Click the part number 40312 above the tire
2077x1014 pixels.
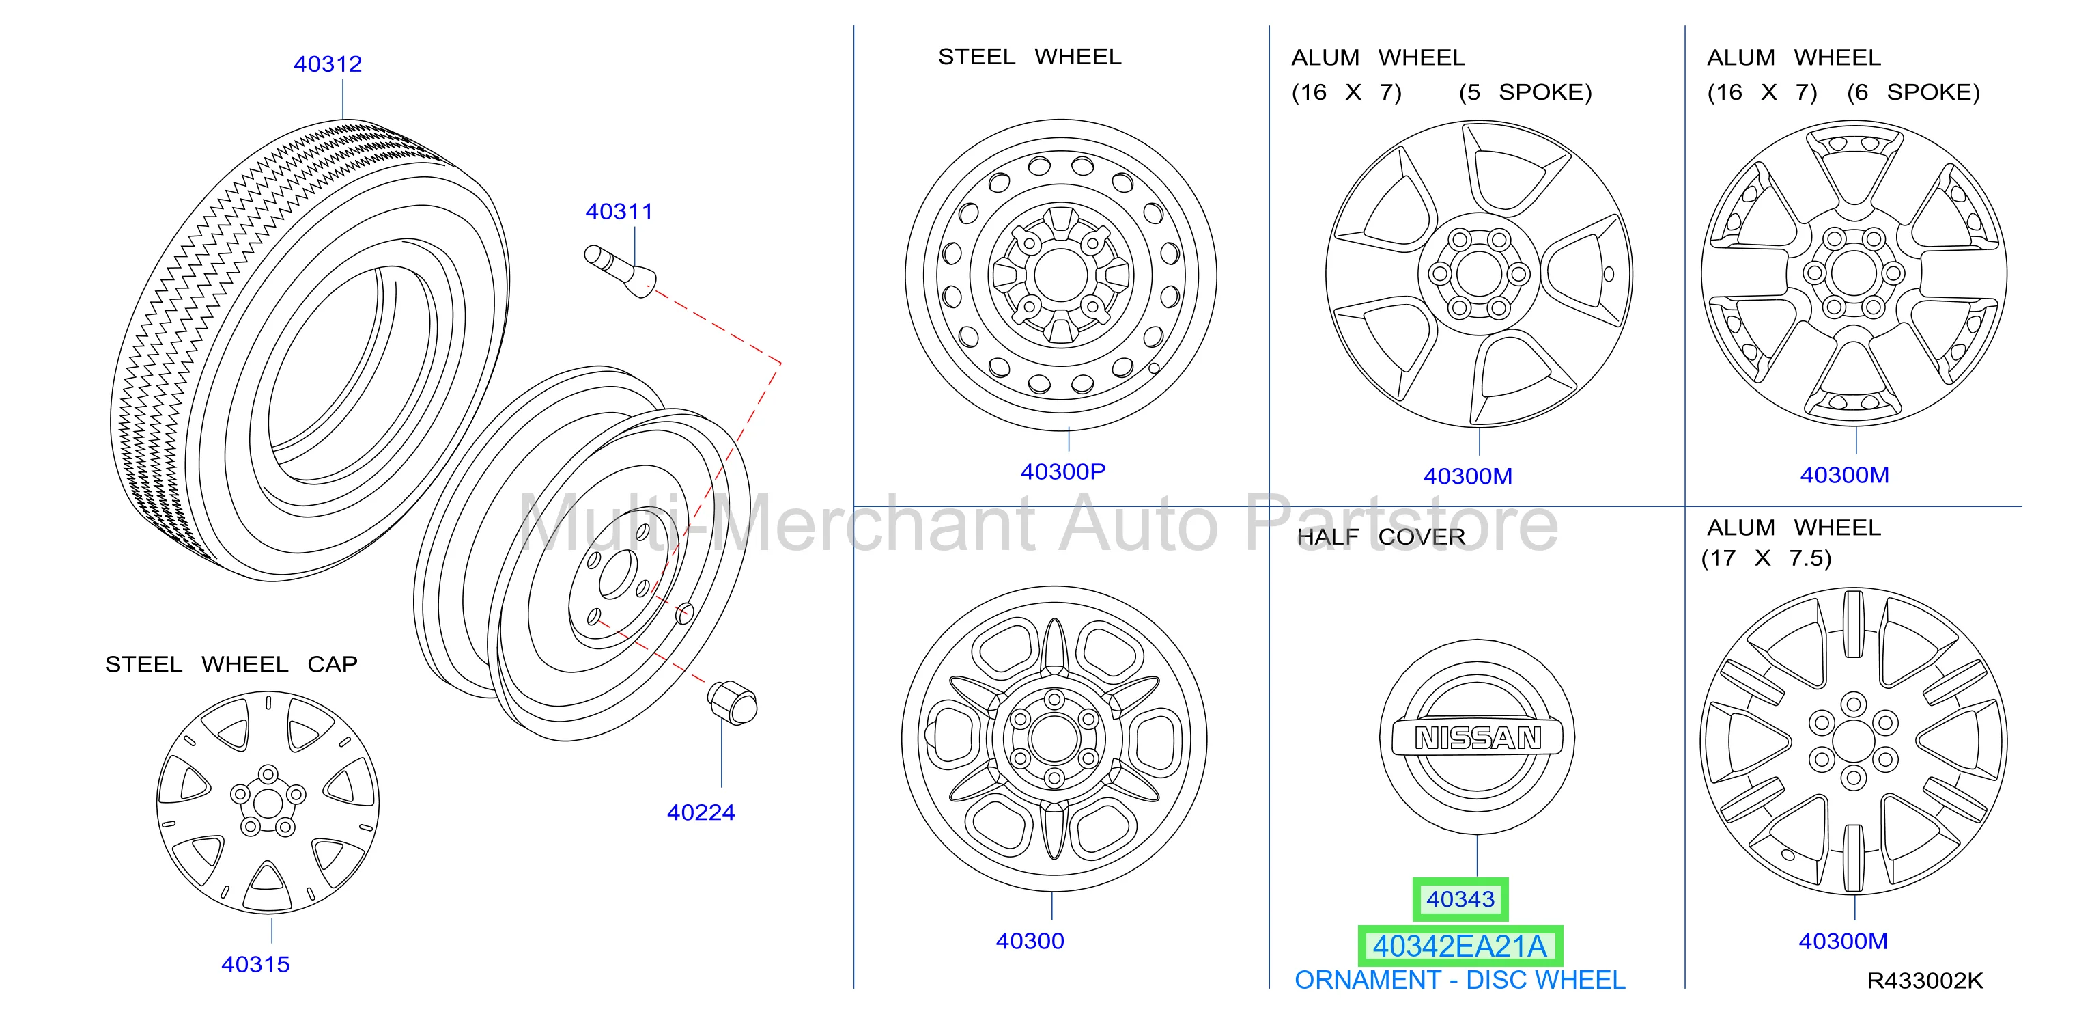[x=327, y=64]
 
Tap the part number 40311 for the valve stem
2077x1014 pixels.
[x=619, y=211]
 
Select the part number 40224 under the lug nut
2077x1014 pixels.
[x=701, y=812]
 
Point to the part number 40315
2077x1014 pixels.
[x=255, y=964]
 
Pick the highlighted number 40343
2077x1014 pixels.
[x=1460, y=899]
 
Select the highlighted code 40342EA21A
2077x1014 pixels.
[x=1460, y=946]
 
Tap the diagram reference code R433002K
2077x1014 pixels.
[x=1925, y=981]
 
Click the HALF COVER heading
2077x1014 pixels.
[x=1381, y=536]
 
